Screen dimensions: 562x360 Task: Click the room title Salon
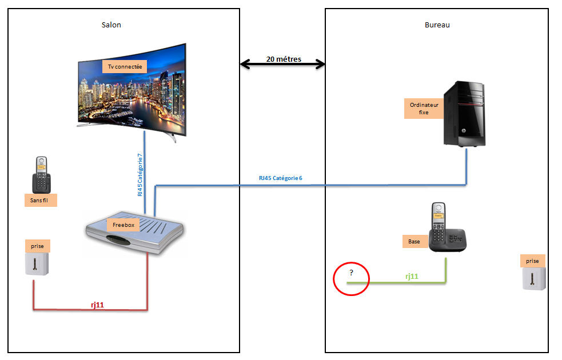tap(111, 25)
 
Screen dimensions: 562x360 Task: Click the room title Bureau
tap(437, 25)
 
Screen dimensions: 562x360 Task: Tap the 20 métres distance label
tap(284, 59)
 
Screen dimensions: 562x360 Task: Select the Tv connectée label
tap(125, 67)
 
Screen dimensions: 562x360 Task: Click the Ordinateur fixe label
tap(424, 109)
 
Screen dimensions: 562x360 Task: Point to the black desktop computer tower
tap(464, 114)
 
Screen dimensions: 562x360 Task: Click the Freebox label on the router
tap(123, 225)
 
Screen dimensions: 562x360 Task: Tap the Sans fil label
tap(41, 200)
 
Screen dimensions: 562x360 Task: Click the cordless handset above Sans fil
tap(42, 175)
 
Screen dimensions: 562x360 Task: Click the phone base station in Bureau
tap(448, 227)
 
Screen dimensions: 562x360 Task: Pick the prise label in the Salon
tap(37, 246)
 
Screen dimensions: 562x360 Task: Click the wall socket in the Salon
tap(37, 264)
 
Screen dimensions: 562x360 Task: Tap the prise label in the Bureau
tap(532, 261)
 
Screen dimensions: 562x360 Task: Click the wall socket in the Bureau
tap(533, 278)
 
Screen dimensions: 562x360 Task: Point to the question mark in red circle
tap(351, 273)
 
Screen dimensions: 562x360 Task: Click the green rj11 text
tap(412, 276)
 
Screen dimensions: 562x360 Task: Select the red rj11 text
tap(97, 305)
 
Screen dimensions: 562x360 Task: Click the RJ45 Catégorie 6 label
tap(281, 178)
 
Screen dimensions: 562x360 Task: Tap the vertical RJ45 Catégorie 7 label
tap(139, 175)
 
